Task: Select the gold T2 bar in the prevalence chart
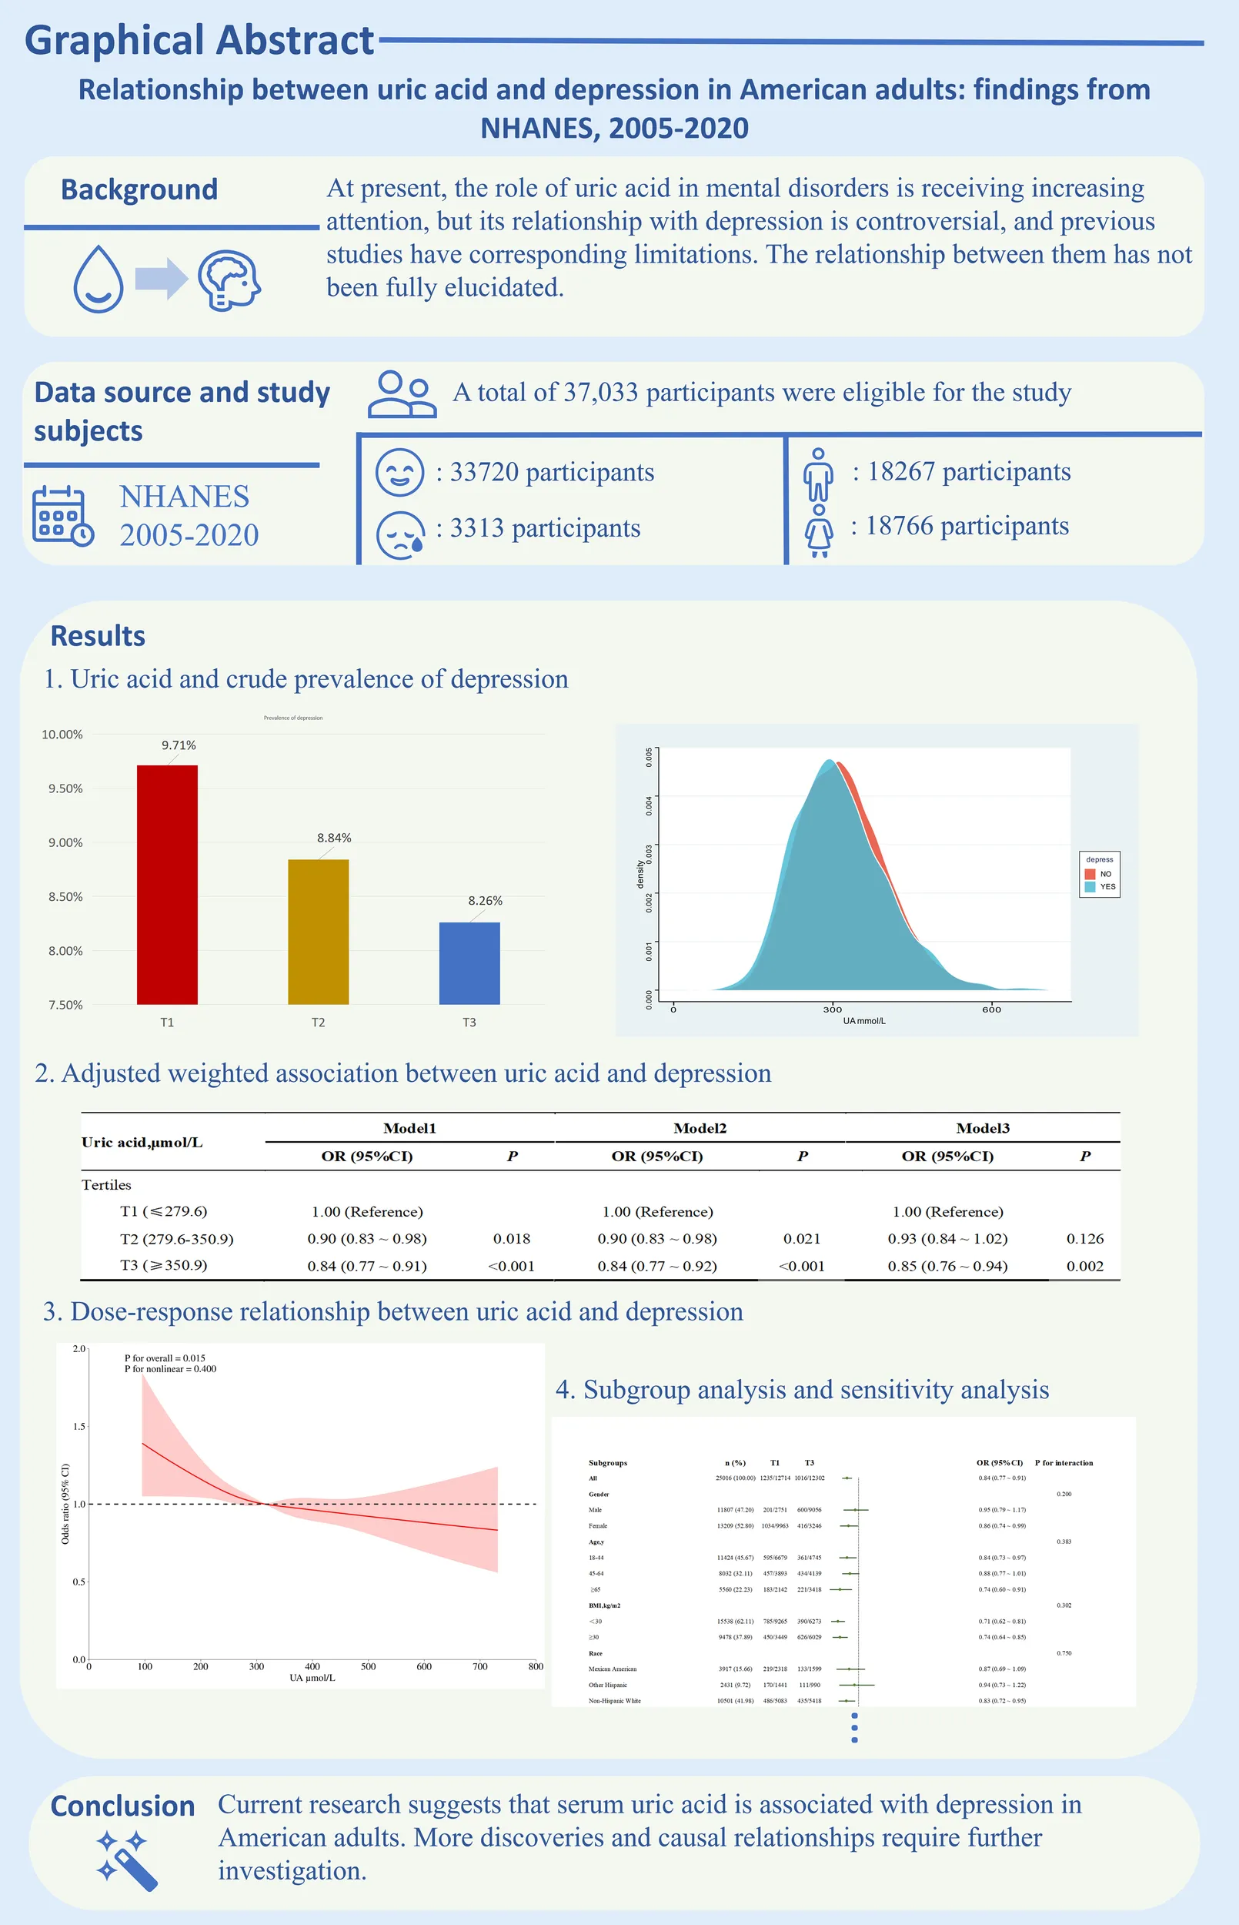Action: pos(319,931)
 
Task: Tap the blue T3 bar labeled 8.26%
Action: pos(469,962)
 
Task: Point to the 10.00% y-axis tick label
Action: pos(62,735)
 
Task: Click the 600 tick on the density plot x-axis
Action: pos(991,1009)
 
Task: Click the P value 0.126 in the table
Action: pos(1084,1238)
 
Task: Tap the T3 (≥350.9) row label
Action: pos(163,1265)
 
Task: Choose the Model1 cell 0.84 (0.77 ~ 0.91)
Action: pos(367,1266)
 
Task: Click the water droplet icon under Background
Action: pos(99,279)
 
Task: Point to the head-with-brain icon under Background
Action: pos(230,280)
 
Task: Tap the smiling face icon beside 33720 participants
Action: pos(400,473)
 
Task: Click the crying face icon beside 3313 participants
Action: pos(401,534)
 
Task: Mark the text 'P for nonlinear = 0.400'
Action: pos(170,1369)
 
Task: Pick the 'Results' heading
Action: pos(97,636)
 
